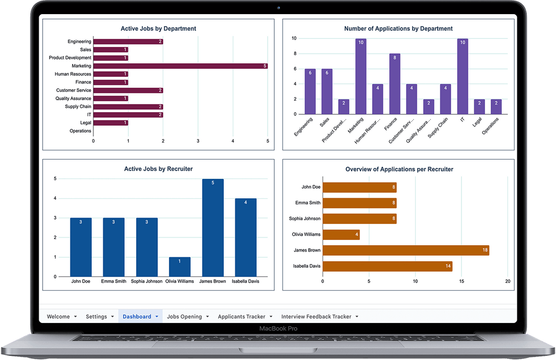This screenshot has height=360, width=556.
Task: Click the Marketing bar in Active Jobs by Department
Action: tap(180, 66)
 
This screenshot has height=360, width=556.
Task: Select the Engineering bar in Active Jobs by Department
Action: tap(128, 42)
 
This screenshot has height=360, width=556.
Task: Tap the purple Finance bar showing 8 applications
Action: tap(395, 83)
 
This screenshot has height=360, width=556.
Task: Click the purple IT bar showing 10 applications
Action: tap(463, 76)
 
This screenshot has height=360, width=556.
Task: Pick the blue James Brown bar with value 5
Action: tap(213, 227)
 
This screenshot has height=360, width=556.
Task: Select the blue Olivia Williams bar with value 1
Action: tap(179, 267)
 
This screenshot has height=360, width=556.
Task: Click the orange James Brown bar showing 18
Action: tap(406, 250)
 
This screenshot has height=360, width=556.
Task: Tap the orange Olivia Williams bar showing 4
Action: tap(341, 234)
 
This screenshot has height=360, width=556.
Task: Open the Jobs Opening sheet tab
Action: tap(185, 316)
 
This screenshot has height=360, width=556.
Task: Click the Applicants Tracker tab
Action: tap(241, 316)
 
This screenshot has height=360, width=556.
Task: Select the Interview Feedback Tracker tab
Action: tap(316, 316)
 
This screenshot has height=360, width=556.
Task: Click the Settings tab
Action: tap(96, 316)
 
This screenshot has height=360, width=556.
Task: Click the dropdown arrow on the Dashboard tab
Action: tap(156, 316)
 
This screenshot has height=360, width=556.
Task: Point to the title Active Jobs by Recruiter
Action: tap(159, 169)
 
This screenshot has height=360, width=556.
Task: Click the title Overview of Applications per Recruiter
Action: tap(400, 169)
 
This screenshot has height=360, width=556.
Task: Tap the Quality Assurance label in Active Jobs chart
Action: tap(73, 98)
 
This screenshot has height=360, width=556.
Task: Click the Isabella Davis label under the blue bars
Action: tap(245, 281)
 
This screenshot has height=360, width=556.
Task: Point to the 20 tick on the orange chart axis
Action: tap(508, 281)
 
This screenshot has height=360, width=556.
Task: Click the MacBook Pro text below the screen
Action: tap(279, 328)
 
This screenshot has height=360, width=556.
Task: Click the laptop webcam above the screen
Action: tap(279, 7)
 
